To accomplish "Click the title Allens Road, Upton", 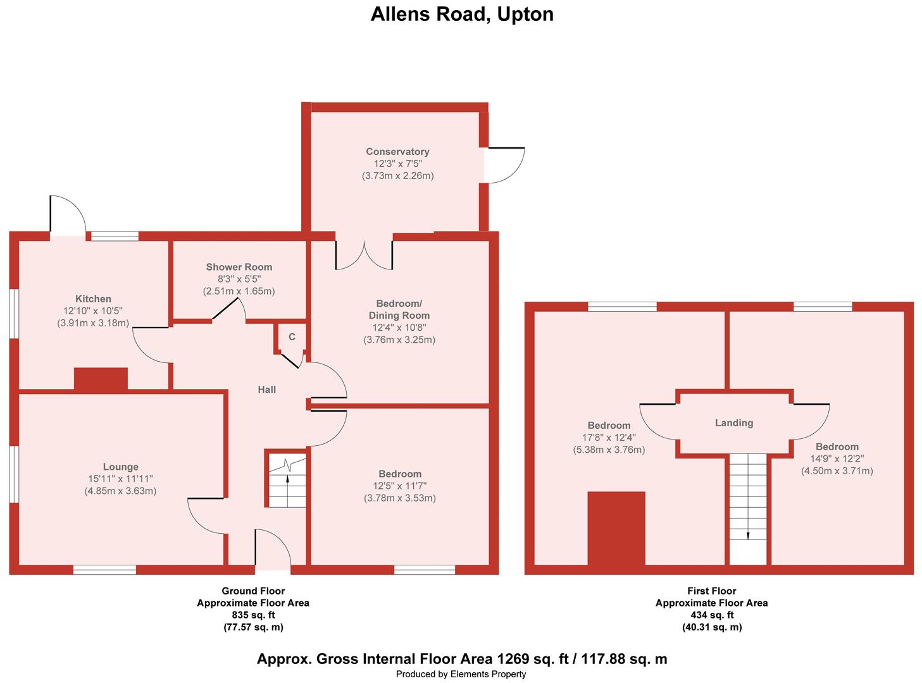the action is [x=461, y=14].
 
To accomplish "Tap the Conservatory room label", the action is [x=397, y=152].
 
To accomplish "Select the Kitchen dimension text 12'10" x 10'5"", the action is [x=92, y=311].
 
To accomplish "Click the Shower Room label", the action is [x=239, y=267].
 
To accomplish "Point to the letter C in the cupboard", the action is [x=292, y=337].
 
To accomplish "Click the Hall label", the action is [x=267, y=390].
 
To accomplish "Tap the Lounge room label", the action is [x=121, y=467].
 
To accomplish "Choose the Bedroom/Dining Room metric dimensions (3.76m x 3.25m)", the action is [x=399, y=340].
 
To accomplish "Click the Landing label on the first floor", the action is [x=734, y=423].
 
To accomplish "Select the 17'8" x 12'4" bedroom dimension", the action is [x=609, y=438].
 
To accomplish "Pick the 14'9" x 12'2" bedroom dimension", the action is [x=837, y=458].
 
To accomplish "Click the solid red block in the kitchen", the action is [x=101, y=378].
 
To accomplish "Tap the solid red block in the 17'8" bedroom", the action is [x=616, y=529].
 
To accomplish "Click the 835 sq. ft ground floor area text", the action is [x=253, y=615].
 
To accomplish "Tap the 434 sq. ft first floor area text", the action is [x=712, y=615].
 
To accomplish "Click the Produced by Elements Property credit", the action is [x=461, y=674].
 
